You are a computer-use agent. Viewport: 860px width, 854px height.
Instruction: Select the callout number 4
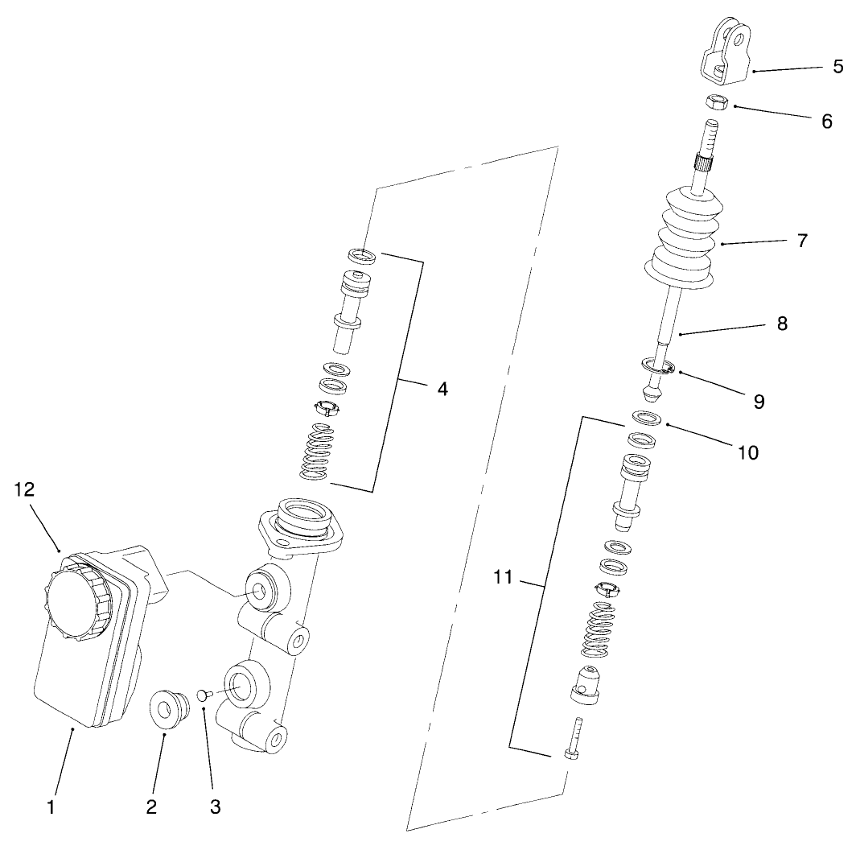(x=442, y=389)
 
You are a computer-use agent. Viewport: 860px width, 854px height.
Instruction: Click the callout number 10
(x=747, y=453)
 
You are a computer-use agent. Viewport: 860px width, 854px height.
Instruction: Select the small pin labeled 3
(x=203, y=693)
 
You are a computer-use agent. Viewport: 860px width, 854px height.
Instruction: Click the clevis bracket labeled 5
(x=726, y=53)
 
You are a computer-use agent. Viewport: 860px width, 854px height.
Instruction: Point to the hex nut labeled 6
(x=717, y=102)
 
